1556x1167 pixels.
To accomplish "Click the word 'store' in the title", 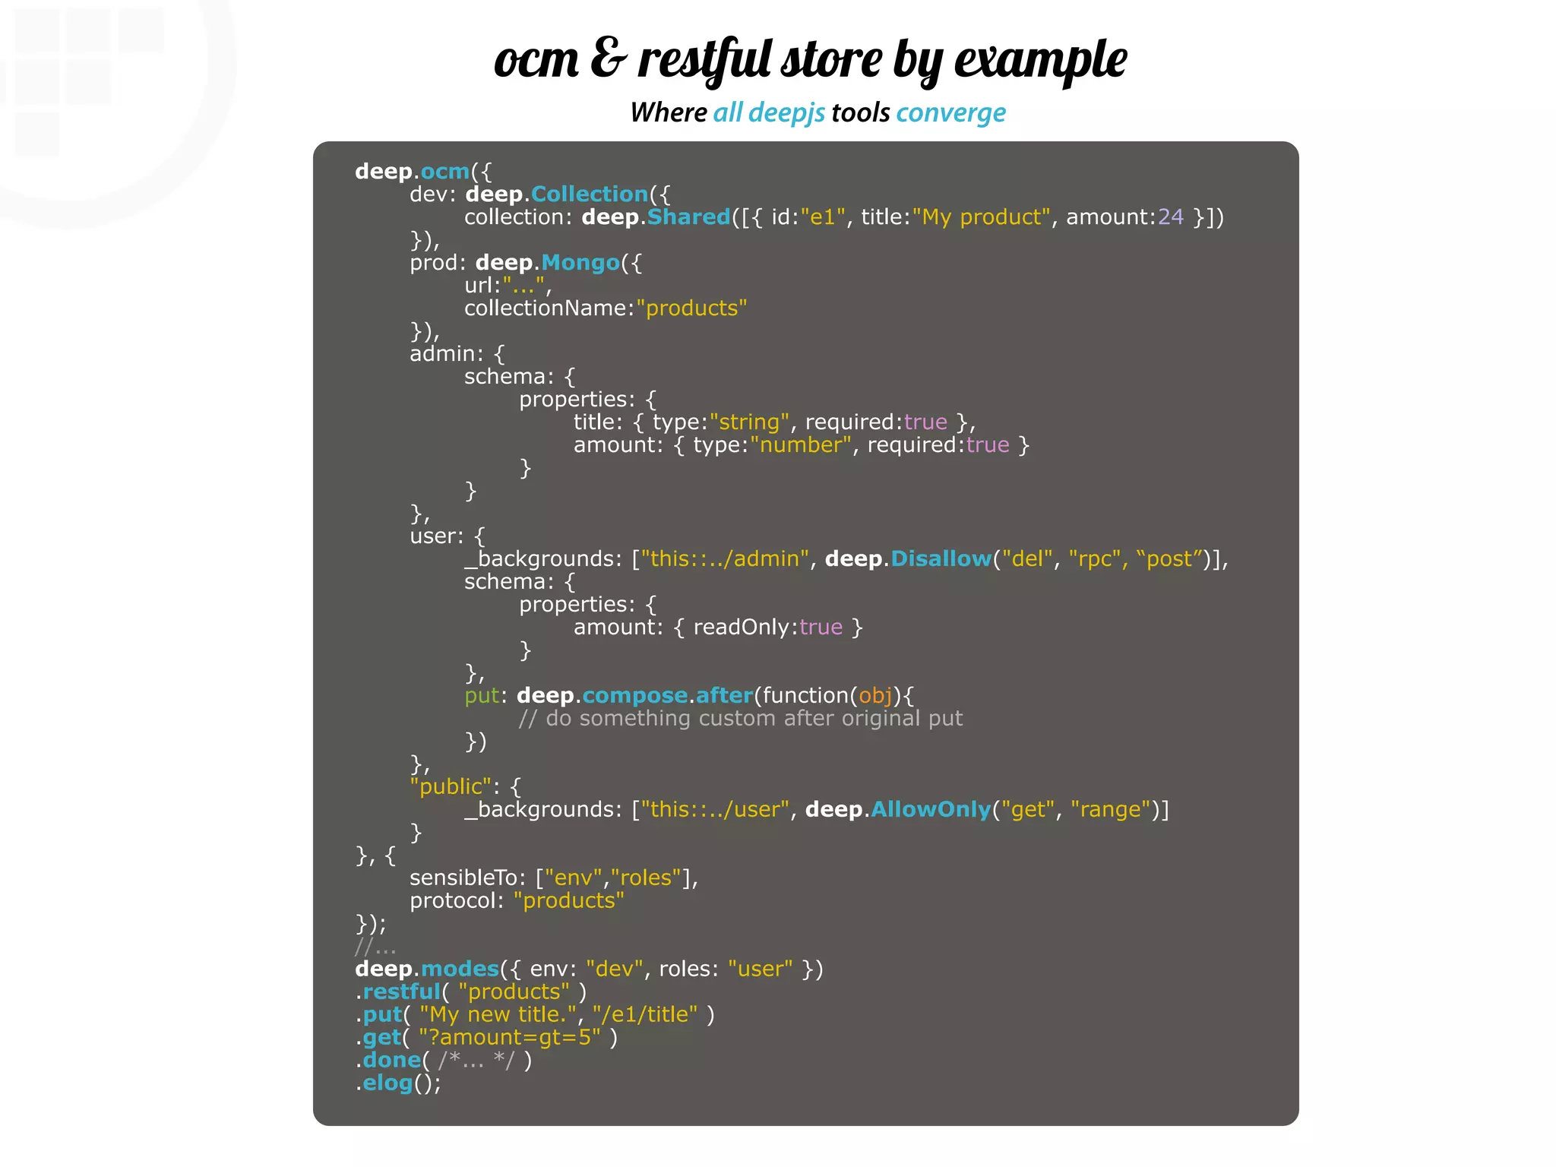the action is pyautogui.click(x=832, y=59).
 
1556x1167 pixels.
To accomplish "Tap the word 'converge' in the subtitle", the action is pyautogui.click(x=950, y=113).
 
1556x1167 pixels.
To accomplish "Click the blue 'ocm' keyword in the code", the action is pyautogui.click(x=444, y=172).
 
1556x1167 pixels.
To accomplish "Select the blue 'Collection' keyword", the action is pyautogui.click(x=589, y=194).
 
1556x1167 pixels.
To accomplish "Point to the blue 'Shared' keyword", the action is pyautogui.click(x=688, y=217).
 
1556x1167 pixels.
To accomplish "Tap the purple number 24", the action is pyautogui.click(x=1170, y=217).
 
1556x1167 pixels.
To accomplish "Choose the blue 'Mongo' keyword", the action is pyautogui.click(x=580, y=263).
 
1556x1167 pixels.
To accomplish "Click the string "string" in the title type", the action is pyautogui.click(x=749, y=422).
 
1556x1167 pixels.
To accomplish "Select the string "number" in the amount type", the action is pyautogui.click(x=800, y=445).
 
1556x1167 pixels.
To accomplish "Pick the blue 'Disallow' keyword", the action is pyautogui.click(x=941, y=559).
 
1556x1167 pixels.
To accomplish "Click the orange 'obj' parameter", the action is pyautogui.click(x=875, y=696).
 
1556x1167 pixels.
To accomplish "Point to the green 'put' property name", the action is pyautogui.click(x=482, y=696).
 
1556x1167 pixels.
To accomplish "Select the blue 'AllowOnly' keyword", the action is pyautogui.click(x=931, y=810).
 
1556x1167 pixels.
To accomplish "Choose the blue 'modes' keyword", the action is pyautogui.click(x=460, y=969).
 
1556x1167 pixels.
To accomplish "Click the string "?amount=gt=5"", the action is pyautogui.click(x=509, y=1038).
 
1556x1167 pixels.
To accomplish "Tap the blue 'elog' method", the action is pyautogui.click(x=387, y=1083).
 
